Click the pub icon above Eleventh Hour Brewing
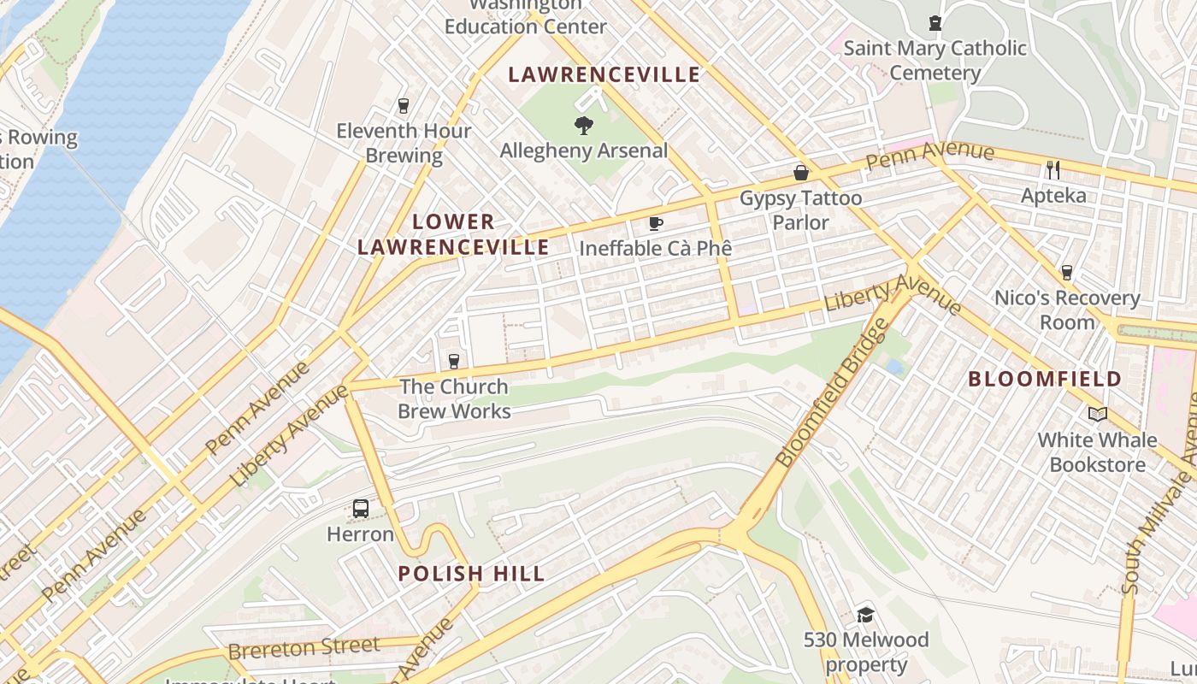(x=404, y=106)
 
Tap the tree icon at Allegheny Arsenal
(x=584, y=127)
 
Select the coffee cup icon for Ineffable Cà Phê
(x=656, y=224)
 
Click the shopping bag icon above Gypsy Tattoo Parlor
(x=801, y=173)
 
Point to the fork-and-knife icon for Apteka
(x=1053, y=170)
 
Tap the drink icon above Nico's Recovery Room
(x=1066, y=273)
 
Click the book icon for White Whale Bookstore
(x=1097, y=415)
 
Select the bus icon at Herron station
(x=361, y=509)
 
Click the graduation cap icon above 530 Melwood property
(x=865, y=615)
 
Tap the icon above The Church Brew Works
(x=454, y=362)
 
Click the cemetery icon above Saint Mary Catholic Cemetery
(x=935, y=23)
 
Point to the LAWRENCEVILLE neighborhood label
(x=604, y=75)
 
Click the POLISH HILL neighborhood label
(x=471, y=574)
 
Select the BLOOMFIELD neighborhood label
(x=1045, y=379)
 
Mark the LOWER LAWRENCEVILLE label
(x=453, y=235)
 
